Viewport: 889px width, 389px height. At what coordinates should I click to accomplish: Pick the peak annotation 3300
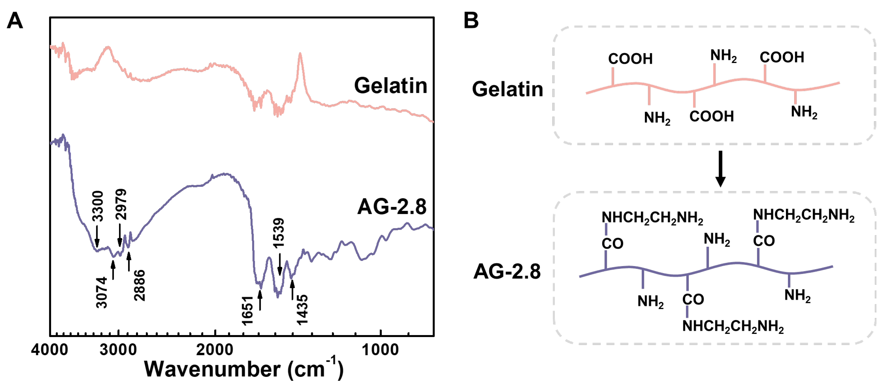98,206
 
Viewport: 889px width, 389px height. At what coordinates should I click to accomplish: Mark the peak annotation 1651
248,310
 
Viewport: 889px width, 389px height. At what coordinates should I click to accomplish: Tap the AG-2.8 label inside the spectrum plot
392,207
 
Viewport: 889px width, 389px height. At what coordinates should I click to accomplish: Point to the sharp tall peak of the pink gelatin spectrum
300,55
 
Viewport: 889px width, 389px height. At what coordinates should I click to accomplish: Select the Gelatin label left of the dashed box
507,89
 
